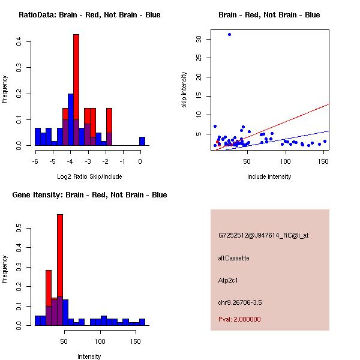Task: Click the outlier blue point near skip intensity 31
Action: tap(229, 34)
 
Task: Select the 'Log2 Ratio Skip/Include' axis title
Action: tap(89, 176)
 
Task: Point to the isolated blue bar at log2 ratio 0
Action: tap(142, 141)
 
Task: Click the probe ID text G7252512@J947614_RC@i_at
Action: tap(263, 236)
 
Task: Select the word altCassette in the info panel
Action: tap(234, 258)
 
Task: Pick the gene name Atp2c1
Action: tap(229, 280)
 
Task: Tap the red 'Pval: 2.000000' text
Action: tap(239, 319)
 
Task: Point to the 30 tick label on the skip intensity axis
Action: tap(199, 39)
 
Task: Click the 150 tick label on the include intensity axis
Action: tap(324, 161)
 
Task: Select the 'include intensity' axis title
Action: tap(269, 176)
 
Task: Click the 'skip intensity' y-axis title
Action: tap(184, 90)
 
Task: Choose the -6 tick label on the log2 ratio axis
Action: tap(36, 161)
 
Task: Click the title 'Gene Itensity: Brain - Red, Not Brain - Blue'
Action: tap(89, 195)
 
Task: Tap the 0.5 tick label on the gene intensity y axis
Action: tap(19, 229)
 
